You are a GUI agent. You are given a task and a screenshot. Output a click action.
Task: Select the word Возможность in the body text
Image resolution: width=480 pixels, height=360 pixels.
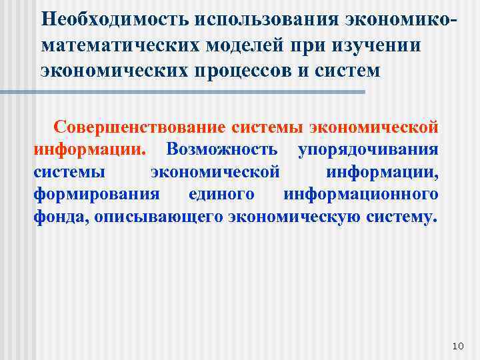(224, 149)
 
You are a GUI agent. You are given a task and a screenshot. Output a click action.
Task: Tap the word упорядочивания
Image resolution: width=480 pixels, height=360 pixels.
(368, 149)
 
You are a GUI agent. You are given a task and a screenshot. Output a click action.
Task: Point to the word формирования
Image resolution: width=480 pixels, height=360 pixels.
(97, 195)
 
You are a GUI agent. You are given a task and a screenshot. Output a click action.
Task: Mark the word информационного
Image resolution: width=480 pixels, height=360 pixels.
(361, 195)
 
